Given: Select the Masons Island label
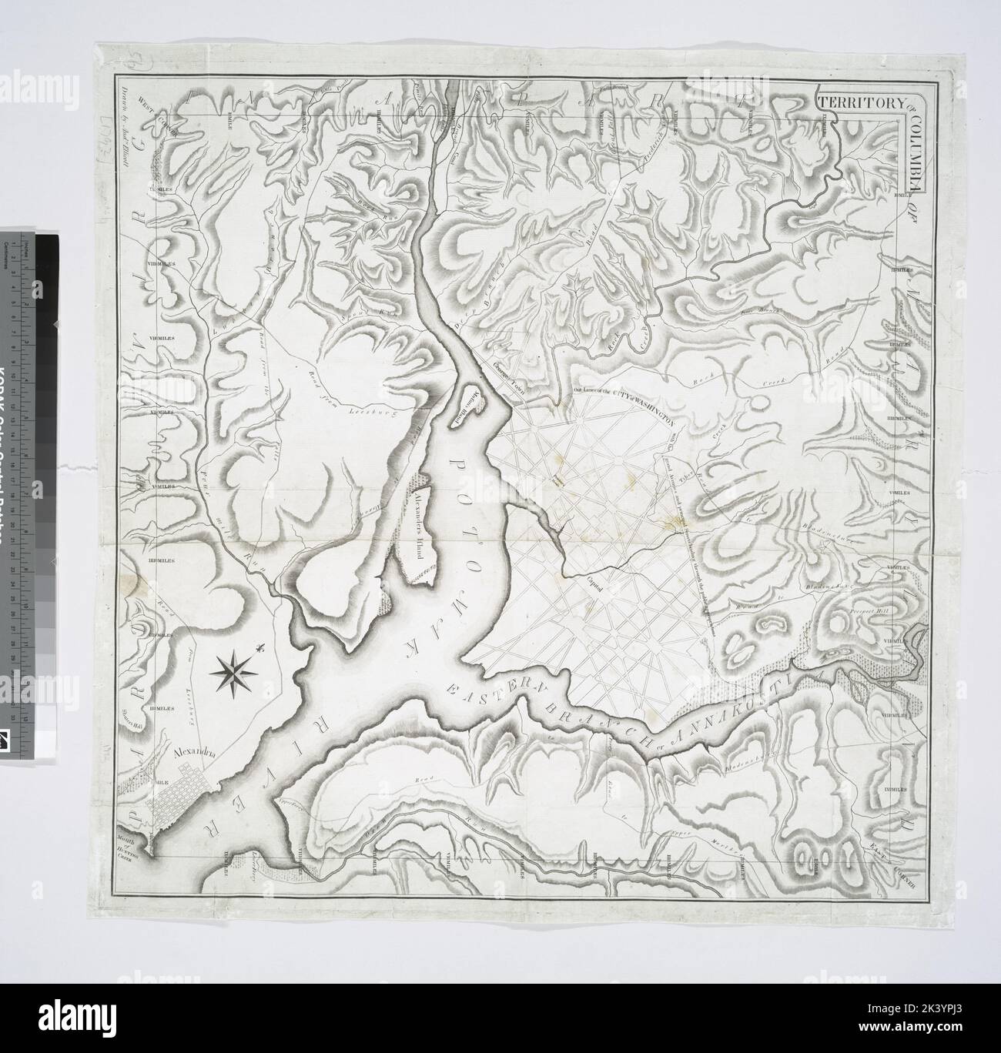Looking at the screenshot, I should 467,399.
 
